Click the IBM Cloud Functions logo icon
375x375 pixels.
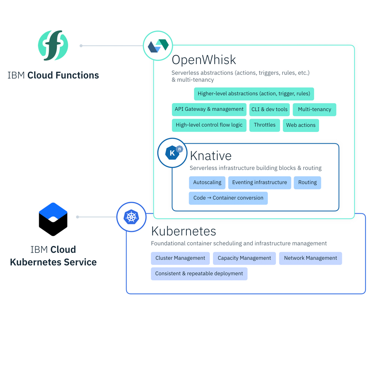[53, 46]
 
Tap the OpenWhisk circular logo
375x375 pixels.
[158, 46]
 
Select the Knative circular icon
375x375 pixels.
[172, 153]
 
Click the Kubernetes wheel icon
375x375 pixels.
[131, 217]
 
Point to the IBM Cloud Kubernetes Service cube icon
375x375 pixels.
[53, 219]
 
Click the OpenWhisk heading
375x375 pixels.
[204, 60]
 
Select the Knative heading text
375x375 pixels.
[210, 156]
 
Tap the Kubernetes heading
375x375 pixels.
[183, 231]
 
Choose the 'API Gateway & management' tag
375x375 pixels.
[209, 109]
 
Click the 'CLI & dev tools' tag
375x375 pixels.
[269, 109]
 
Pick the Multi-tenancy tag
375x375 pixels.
[314, 109]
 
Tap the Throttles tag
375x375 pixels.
[264, 125]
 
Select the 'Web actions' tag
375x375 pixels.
[301, 125]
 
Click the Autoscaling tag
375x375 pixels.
[207, 183]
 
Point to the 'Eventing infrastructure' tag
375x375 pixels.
[259, 183]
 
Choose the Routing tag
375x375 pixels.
[307, 183]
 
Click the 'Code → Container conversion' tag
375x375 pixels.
[228, 198]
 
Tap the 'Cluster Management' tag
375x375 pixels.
[180, 258]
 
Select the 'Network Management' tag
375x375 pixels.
[310, 258]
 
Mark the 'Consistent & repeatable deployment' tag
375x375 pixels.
[199, 274]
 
